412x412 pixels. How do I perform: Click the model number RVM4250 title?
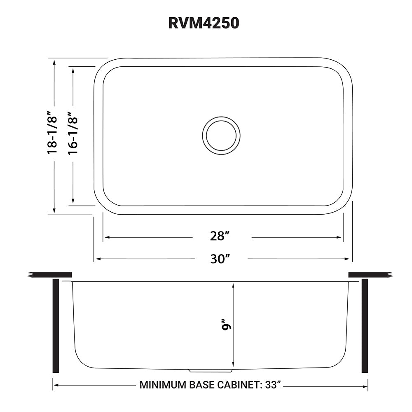(x=204, y=23)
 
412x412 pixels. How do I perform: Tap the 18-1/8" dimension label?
(x=52, y=132)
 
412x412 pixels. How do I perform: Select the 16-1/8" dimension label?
(x=73, y=133)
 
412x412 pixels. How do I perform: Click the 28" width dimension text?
(x=220, y=236)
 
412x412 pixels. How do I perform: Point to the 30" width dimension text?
(x=220, y=259)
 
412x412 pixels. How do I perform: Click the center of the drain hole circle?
(x=221, y=135)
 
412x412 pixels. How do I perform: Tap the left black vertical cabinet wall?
(x=56, y=325)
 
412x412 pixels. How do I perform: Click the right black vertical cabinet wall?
(x=365, y=325)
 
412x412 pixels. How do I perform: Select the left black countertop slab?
(x=50, y=275)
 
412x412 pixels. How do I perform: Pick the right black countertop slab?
(x=370, y=275)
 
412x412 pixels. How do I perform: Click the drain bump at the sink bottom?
(x=210, y=370)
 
